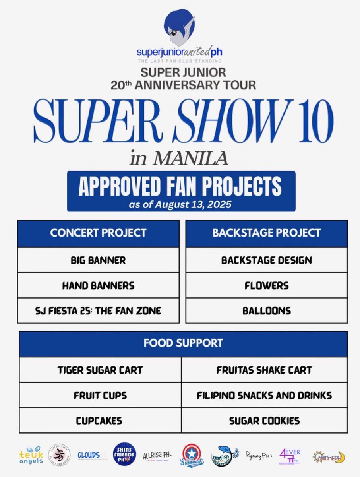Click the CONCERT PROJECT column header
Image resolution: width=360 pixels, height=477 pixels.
(x=98, y=233)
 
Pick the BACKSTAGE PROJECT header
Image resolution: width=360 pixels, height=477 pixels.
(x=266, y=233)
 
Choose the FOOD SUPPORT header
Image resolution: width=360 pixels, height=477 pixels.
(x=183, y=343)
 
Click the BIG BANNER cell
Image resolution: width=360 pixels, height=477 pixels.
(x=98, y=260)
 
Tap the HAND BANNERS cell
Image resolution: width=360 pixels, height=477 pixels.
(x=98, y=285)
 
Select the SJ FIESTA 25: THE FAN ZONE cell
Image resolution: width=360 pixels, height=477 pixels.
(x=98, y=310)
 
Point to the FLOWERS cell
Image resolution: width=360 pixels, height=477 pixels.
(x=266, y=285)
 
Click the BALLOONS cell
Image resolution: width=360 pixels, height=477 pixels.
(x=266, y=310)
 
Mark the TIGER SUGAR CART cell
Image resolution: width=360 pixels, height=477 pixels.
(x=100, y=370)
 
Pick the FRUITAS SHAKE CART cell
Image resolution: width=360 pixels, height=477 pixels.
(x=264, y=370)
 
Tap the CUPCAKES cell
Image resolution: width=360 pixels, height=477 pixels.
(x=100, y=420)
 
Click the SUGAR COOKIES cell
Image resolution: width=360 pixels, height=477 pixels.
(x=264, y=420)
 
